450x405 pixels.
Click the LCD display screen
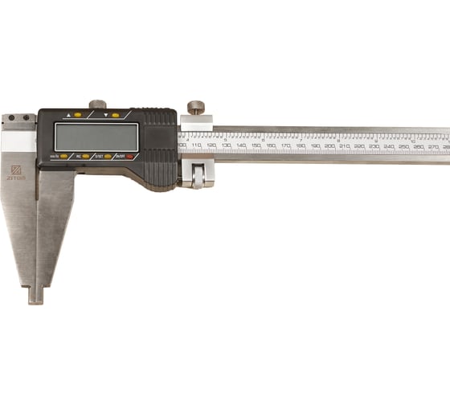click(96, 137)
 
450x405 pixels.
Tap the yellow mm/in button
click(63, 156)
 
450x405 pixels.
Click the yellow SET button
click(108, 156)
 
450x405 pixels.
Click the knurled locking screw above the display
click(98, 104)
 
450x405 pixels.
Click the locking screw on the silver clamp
click(195, 107)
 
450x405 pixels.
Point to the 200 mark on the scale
click(329, 148)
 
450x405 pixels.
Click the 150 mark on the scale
click(256, 148)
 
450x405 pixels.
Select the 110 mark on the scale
click(197, 148)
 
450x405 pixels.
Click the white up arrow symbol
click(68, 115)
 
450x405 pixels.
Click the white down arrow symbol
click(105, 115)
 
